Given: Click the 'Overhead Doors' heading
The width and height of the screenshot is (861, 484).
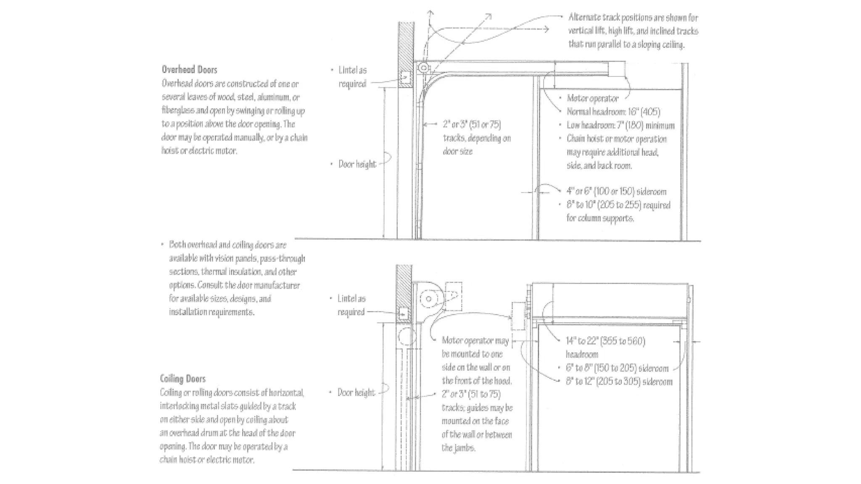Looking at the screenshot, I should point(189,70).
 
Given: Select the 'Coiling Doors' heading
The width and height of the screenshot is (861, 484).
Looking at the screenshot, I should point(182,379).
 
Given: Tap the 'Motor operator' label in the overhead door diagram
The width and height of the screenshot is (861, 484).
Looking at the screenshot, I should point(592,98).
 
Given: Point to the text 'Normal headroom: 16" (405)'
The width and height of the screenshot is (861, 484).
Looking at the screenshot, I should point(613,112).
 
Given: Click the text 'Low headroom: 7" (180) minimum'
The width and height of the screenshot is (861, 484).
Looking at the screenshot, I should point(620,125).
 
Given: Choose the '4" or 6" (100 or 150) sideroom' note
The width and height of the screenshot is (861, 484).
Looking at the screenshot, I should point(616,192).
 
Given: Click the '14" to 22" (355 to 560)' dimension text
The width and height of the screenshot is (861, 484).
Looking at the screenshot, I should point(605,341).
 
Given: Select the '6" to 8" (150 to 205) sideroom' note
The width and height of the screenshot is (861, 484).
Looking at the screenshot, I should point(617,368).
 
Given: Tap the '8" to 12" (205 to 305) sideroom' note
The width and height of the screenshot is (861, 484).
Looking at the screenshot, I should point(619,381).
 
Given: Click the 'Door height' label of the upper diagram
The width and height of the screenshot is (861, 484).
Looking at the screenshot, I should point(357,164).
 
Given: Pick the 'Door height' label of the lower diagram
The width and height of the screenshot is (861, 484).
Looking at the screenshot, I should point(356,392).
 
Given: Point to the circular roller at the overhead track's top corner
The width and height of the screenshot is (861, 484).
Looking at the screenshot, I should point(424,68).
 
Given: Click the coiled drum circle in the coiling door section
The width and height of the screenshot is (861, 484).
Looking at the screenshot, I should point(428,299).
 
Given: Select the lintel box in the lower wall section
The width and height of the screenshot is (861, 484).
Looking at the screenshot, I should point(403,313).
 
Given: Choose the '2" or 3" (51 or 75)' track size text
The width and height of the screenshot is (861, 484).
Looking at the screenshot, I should point(472,124).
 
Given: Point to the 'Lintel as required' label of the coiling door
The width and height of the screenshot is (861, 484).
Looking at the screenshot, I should point(351,305).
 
